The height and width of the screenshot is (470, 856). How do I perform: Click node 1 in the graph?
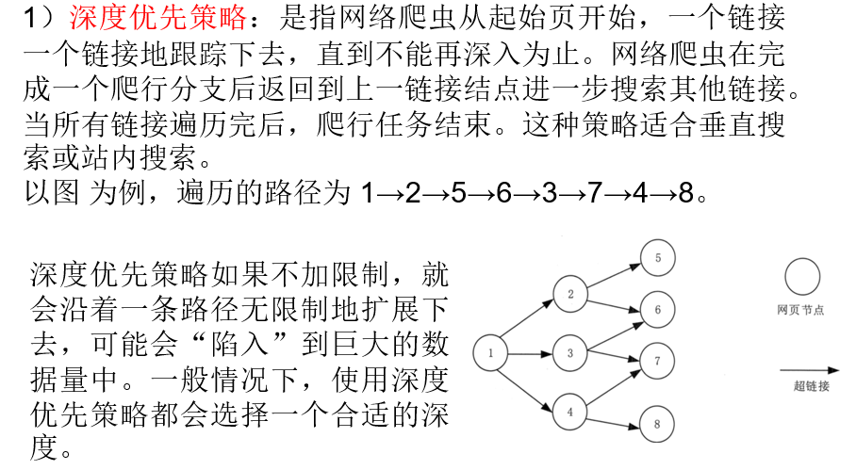[491, 353]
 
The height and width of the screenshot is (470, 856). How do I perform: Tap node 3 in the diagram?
[570, 353]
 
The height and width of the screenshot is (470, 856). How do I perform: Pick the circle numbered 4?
[570, 412]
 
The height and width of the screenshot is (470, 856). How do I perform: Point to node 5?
[658, 257]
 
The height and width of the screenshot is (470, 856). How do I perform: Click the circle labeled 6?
[658, 309]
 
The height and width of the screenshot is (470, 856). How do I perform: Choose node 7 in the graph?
[658, 361]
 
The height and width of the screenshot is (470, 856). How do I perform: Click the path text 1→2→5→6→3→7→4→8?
[534, 194]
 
